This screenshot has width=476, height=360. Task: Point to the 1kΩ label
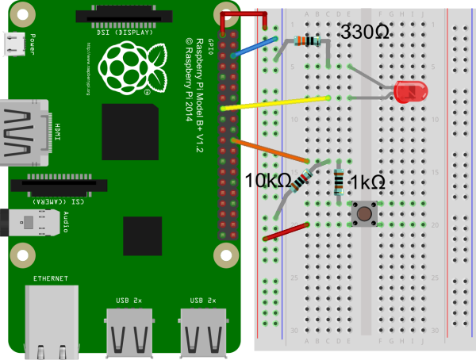click(x=367, y=182)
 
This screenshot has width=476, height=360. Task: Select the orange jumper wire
click(x=270, y=155)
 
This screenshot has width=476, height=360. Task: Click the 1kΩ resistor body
click(x=340, y=183)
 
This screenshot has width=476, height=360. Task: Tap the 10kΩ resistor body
click(x=301, y=182)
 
